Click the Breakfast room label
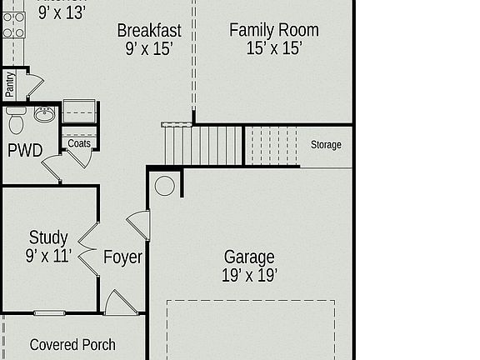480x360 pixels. [150, 31]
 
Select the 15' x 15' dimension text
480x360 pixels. [273, 48]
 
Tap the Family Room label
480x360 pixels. [273, 31]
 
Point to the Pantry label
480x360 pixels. [10, 84]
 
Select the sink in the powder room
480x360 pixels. [44, 115]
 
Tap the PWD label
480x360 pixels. [25, 151]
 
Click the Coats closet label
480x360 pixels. [79, 143]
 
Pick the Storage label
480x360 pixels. [326, 145]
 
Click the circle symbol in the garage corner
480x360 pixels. [165, 186]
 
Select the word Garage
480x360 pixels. [249, 257]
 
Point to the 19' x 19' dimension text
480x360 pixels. [249, 275]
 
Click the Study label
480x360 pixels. [48, 238]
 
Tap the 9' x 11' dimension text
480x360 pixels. [48, 256]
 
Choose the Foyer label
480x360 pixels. [122, 257]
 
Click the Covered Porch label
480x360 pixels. [72, 344]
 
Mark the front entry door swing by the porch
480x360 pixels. [119, 303]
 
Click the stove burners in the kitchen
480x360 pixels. [13, 24]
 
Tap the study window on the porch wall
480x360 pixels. [49, 313]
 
